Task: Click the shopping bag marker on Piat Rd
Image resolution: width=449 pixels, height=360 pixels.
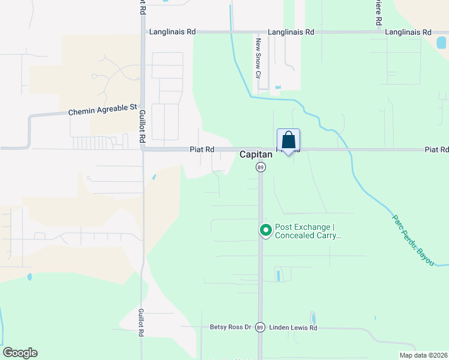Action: coord(288,141)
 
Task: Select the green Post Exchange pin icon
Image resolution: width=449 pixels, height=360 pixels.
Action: coord(265,230)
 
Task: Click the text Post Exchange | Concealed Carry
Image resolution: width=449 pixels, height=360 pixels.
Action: coord(308,231)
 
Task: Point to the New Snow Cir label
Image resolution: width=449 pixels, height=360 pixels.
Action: coord(259,59)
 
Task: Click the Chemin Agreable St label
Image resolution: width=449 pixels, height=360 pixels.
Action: coord(103,110)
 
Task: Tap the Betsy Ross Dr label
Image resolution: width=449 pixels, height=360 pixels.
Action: coord(230,327)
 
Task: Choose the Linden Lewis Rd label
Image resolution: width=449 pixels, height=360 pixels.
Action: coord(292,328)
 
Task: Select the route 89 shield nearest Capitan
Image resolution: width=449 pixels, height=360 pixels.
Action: coord(260,167)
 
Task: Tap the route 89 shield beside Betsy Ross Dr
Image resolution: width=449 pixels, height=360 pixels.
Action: coord(260,327)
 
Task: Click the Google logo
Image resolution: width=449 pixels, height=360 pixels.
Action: coord(20,353)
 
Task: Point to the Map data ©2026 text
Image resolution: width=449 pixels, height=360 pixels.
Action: coord(423,355)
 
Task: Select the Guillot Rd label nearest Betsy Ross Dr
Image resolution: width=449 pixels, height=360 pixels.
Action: coord(140,323)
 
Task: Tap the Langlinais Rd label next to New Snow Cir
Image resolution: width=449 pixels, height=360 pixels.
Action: coord(291,32)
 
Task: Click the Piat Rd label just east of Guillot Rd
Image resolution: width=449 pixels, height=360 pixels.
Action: coord(202,149)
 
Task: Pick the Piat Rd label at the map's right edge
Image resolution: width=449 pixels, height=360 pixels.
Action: coord(436,149)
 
